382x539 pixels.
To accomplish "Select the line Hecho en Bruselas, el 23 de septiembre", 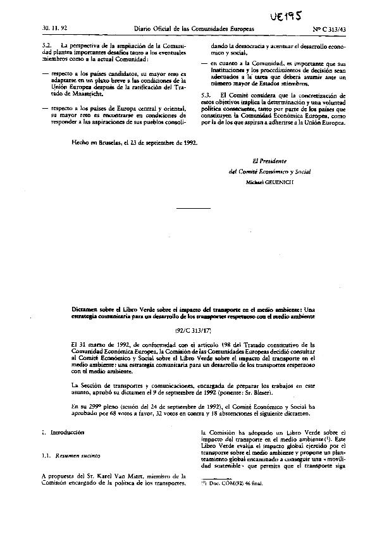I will pyautogui.click(x=135, y=143).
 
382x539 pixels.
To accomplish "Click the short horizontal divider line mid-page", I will pyautogui.click(x=191, y=208).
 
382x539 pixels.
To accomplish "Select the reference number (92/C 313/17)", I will pyautogui.click(x=191, y=329).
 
